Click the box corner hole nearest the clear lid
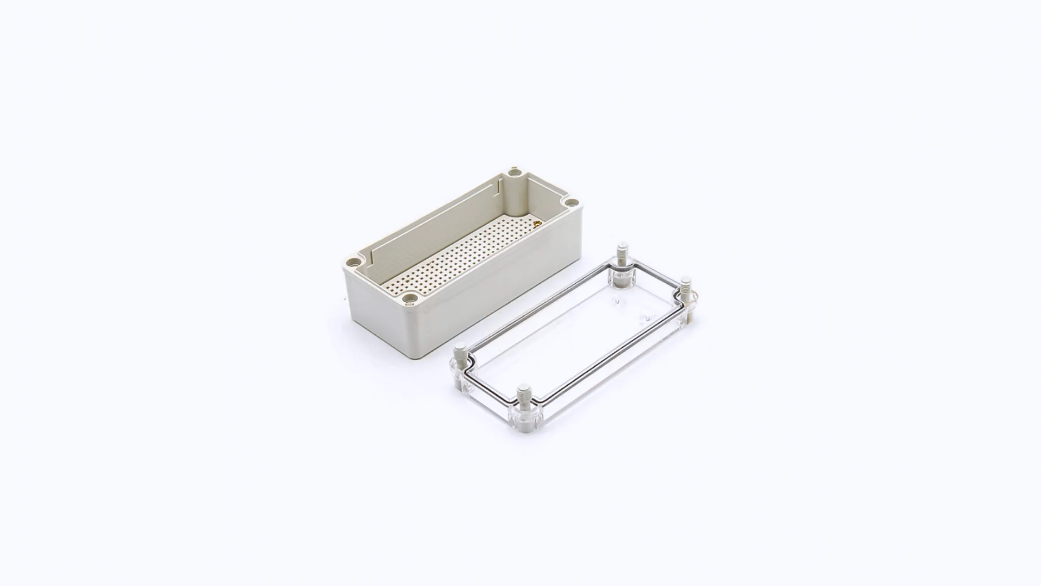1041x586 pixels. [410, 297]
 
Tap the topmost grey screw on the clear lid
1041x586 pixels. [622, 253]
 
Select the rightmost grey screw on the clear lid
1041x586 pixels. [686, 288]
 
